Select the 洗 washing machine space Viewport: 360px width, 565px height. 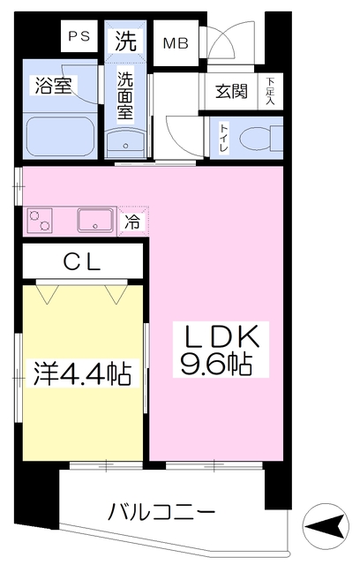125,40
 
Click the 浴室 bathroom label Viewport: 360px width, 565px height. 54,86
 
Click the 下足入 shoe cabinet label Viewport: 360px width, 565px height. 269,90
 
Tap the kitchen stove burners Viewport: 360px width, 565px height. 41,220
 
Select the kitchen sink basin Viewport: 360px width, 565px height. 94,219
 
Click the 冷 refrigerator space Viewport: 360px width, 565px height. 132,221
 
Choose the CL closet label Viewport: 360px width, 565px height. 81,261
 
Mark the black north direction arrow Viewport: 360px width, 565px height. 323,528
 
